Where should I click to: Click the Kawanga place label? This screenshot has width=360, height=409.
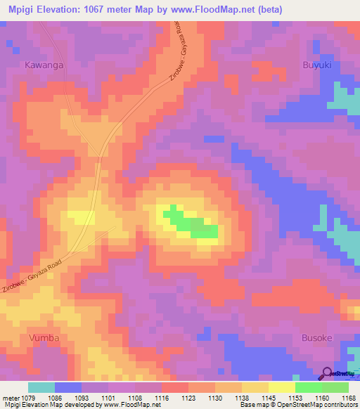[44, 65]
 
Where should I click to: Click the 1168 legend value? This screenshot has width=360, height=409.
[349, 398]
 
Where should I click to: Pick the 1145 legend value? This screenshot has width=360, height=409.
[269, 398]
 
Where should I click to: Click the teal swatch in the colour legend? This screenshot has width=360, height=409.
[41, 387]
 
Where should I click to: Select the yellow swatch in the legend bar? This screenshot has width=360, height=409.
[281, 387]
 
